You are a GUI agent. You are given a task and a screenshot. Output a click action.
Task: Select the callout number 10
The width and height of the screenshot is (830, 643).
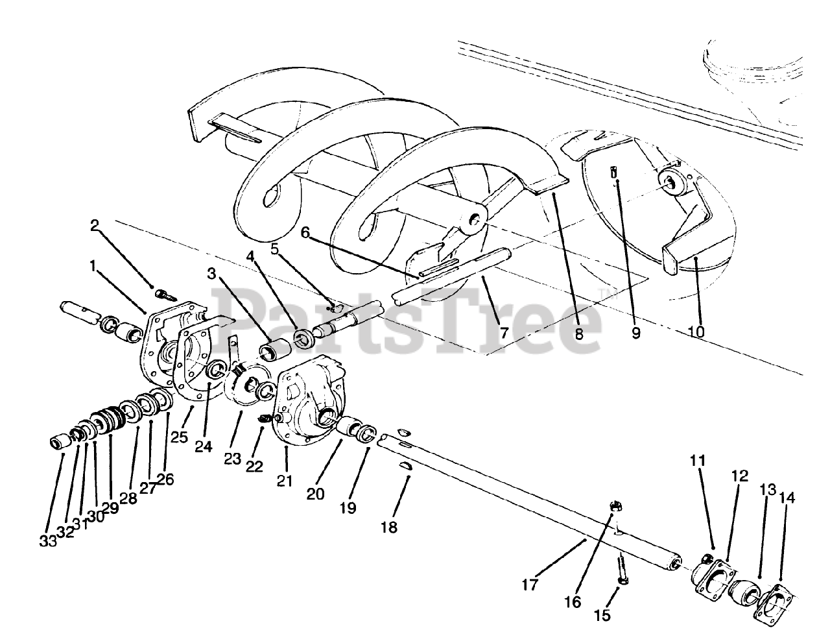coord(696,332)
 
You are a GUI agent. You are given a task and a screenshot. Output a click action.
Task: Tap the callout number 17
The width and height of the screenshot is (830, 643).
coord(530,585)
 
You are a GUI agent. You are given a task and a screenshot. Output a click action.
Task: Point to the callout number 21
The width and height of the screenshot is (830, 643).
coord(285,481)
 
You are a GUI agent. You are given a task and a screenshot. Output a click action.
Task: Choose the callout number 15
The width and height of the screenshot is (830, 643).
coord(602,615)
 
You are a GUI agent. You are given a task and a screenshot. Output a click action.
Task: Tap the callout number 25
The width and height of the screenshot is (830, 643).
coord(179,437)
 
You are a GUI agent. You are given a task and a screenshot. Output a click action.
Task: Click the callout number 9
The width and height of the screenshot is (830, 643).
coord(636,333)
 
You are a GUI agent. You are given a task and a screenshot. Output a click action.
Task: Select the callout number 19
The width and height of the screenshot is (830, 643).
coord(348,507)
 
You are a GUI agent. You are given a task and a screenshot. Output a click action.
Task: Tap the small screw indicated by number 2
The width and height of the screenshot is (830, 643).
coord(164,294)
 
